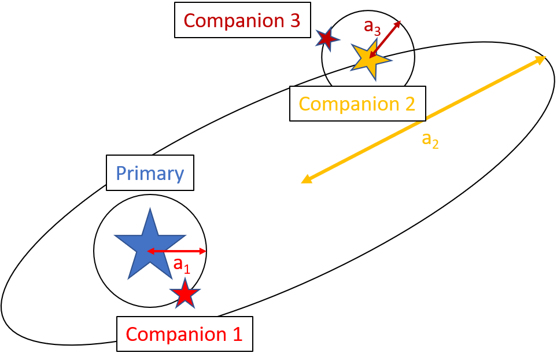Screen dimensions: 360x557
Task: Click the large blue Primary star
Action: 150,246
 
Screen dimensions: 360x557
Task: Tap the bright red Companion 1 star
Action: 185,295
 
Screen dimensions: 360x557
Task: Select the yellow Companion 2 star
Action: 369,58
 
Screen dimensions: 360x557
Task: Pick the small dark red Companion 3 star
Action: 327,39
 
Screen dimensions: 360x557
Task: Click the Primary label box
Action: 150,173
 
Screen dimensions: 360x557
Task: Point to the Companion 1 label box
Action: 185,334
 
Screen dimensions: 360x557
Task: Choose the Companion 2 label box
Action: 357,104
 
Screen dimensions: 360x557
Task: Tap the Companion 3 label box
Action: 242,20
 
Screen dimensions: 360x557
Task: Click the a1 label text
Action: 182,265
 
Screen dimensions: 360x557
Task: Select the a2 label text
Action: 430,139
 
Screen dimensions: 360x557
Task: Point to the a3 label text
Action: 372,27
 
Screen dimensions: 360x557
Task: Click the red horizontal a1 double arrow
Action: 176,251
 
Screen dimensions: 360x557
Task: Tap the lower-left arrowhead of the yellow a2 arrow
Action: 306,180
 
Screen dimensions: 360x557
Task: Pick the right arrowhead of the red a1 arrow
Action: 202,251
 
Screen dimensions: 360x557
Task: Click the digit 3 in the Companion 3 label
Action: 294,20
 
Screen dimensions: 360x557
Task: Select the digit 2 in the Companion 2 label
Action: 409,104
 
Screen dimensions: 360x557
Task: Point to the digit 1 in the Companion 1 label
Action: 237,334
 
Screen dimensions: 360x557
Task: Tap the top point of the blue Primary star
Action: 150,210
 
